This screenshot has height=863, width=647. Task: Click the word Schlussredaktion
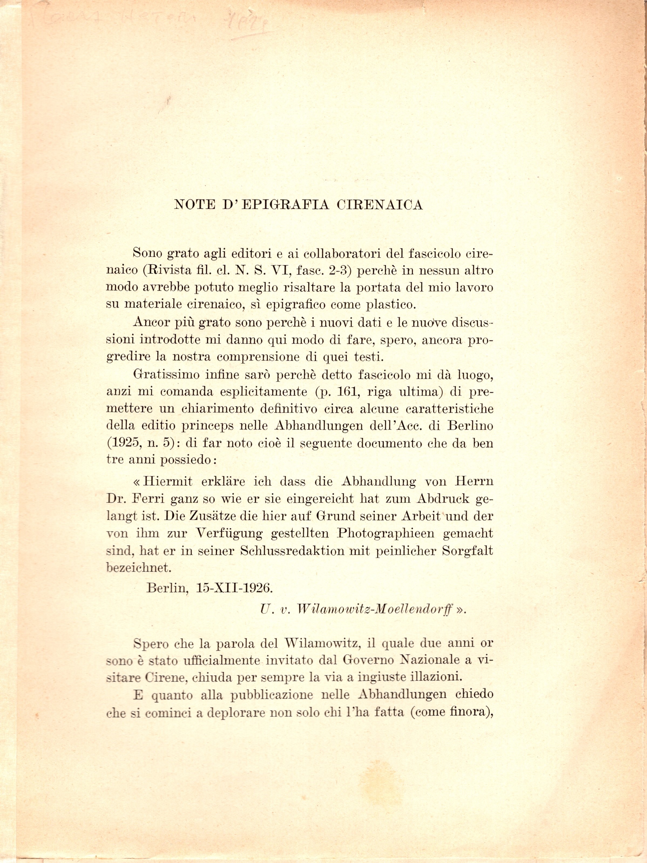point(292,551)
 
